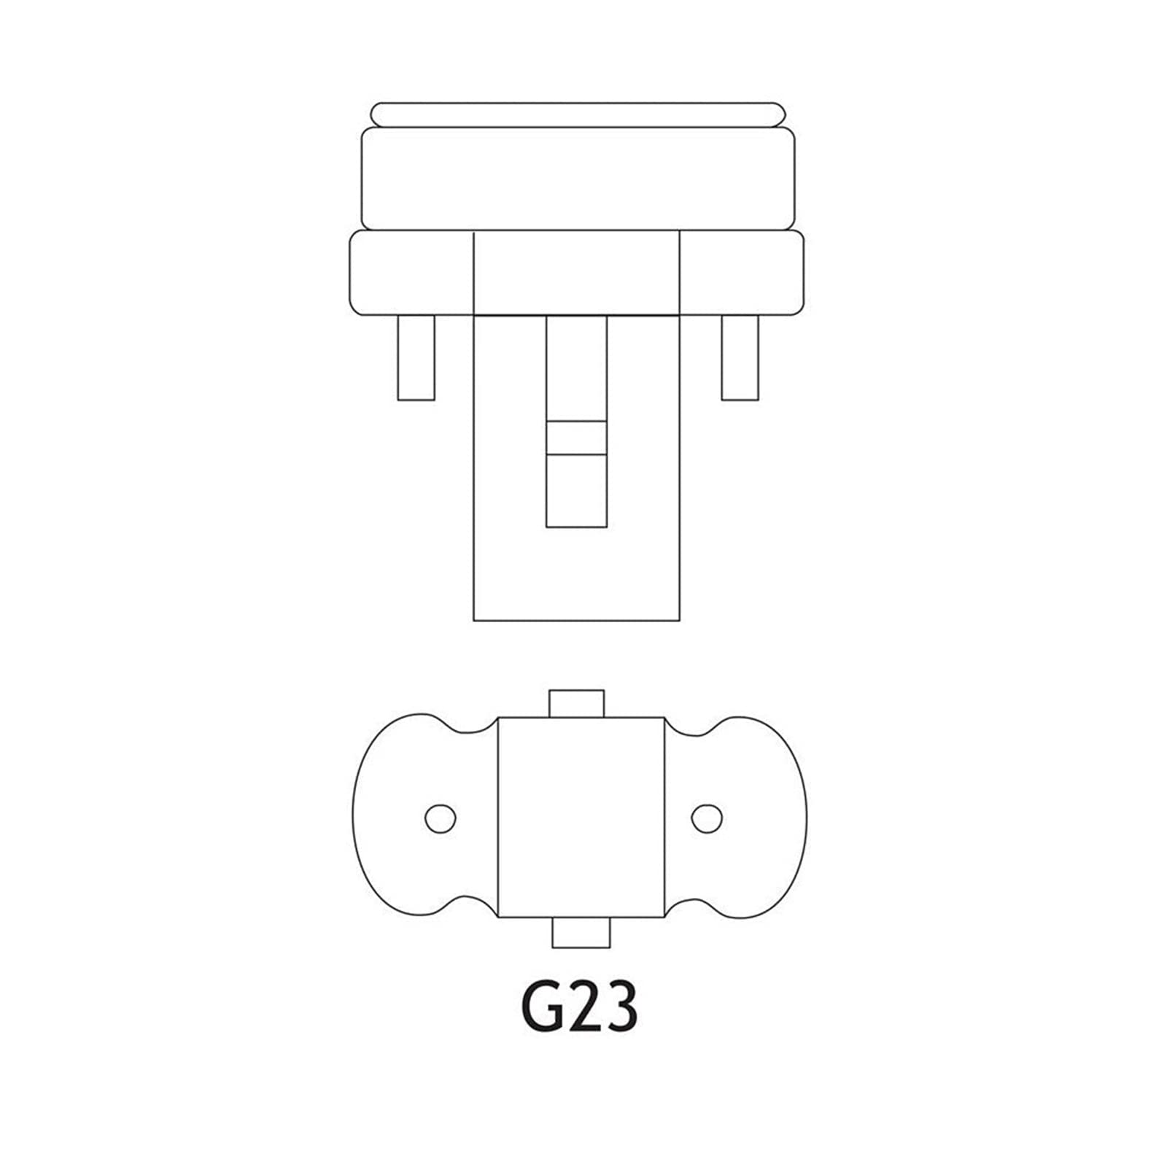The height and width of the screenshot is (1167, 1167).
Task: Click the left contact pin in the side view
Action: [x=416, y=357]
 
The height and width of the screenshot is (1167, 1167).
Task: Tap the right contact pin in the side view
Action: [x=740, y=357]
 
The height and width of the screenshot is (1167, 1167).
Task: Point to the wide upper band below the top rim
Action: [x=578, y=179]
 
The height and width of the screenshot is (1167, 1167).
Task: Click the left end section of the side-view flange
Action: [x=412, y=273]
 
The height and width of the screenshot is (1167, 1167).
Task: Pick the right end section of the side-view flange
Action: [x=742, y=273]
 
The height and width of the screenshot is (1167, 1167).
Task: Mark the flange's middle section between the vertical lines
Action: [x=577, y=273]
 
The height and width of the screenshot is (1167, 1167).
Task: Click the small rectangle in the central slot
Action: [x=576, y=438]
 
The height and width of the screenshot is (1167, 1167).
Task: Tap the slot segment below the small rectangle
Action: [x=576, y=490]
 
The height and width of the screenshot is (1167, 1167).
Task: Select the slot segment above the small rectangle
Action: [x=576, y=368]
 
